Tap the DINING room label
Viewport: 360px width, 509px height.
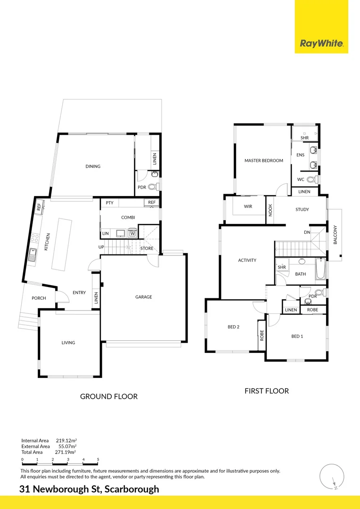click(x=93, y=166)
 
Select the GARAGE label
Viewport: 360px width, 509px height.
click(x=143, y=297)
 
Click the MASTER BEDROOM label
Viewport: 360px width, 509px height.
click(x=263, y=160)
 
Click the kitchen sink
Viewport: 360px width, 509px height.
click(x=32, y=254)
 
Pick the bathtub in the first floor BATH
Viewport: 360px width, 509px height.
click(x=320, y=269)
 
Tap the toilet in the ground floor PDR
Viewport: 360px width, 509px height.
click(x=153, y=187)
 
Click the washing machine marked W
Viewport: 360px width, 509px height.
click(x=132, y=233)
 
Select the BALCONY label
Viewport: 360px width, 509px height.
click(x=335, y=235)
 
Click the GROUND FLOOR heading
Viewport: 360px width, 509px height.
click(x=109, y=396)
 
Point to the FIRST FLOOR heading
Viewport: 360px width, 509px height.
click(x=267, y=391)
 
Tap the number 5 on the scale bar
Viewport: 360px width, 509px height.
click(x=98, y=460)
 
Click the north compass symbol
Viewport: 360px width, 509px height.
click(x=332, y=476)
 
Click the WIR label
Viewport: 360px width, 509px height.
click(x=248, y=206)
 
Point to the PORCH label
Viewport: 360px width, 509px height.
click(x=39, y=298)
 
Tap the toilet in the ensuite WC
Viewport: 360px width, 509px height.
click(x=313, y=179)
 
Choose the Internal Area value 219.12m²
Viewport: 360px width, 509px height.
click(x=66, y=441)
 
